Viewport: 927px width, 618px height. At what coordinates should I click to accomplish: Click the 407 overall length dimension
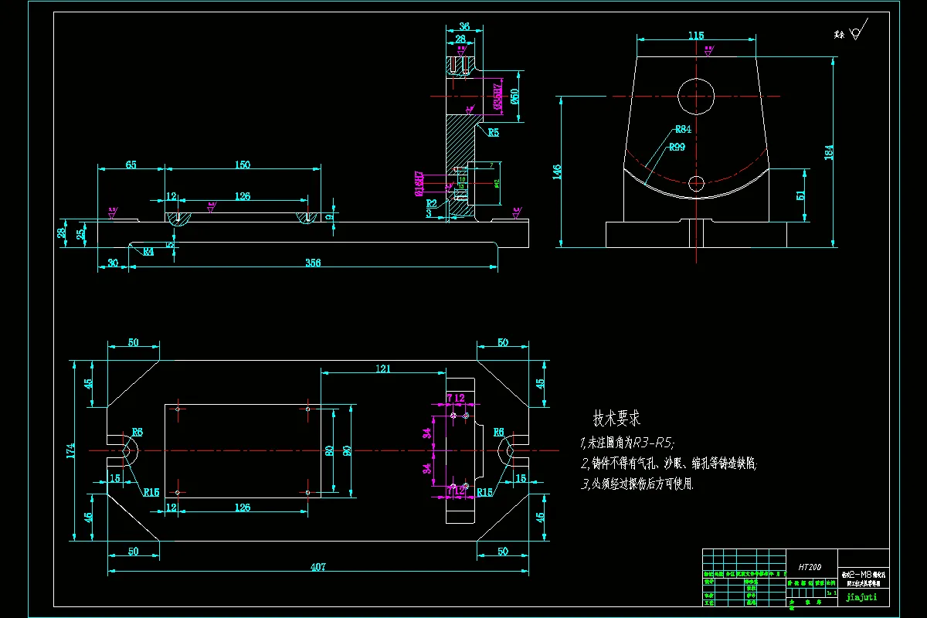click(318, 566)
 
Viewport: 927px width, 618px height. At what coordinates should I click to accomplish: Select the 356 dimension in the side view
click(312, 263)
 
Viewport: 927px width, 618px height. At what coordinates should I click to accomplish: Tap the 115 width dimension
click(696, 36)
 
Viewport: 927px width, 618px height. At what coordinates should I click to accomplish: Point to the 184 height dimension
click(829, 152)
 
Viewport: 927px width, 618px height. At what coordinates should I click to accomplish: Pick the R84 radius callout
click(682, 129)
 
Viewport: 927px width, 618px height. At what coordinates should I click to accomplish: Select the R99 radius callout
click(677, 147)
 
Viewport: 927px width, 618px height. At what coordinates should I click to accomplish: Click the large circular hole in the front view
click(696, 96)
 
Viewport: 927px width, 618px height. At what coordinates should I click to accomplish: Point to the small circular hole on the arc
click(697, 183)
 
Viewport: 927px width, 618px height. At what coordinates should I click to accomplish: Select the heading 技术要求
click(616, 419)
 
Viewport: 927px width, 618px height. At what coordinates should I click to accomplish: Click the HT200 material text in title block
click(809, 567)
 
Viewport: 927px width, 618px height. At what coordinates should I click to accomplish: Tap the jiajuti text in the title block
click(862, 596)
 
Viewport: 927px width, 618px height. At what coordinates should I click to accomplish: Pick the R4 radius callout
click(147, 251)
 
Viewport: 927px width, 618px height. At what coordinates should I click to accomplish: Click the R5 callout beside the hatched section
click(493, 132)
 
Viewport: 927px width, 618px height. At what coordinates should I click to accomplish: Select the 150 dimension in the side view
click(242, 165)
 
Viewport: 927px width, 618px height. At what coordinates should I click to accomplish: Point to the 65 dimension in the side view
click(131, 165)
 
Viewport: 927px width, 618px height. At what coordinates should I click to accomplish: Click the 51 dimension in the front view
click(800, 195)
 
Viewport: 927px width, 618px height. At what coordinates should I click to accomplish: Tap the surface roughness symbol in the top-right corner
click(854, 34)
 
